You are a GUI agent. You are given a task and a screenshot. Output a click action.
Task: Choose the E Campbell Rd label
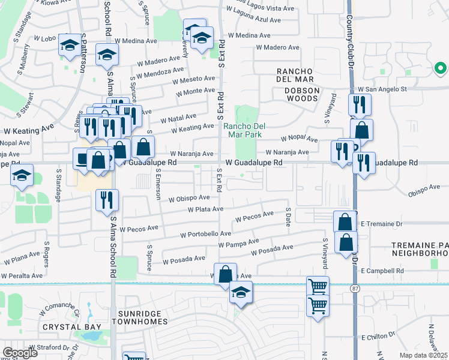382,271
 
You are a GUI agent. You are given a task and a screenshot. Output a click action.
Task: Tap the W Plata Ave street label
205,209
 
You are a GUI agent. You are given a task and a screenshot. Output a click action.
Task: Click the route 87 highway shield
355,289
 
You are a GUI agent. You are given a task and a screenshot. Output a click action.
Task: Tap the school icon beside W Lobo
70,46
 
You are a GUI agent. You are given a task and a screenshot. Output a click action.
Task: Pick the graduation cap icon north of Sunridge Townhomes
241,292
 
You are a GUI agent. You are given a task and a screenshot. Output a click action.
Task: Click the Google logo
20,353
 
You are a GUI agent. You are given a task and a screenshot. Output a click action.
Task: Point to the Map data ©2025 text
424,355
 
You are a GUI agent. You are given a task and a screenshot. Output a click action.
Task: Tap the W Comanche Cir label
60,311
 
